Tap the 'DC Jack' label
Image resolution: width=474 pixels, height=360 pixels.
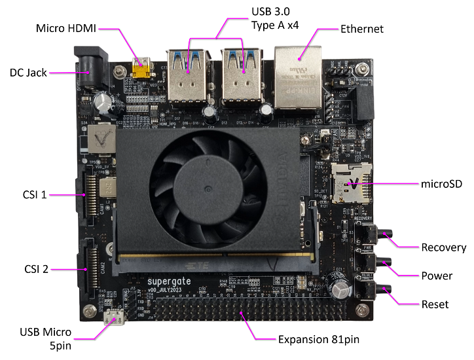[28, 73]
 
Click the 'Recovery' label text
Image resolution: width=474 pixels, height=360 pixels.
[443, 247]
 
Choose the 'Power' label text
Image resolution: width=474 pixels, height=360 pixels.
[437, 276]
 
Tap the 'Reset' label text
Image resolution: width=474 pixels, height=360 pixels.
[435, 304]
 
